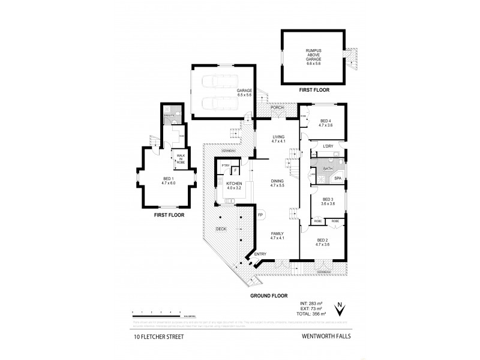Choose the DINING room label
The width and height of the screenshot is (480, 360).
pyautogui.click(x=277, y=182)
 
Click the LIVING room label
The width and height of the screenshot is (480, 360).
pyautogui.click(x=277, y=137)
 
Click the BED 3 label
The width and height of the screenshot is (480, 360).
pyautogui.click(x=328, y=202)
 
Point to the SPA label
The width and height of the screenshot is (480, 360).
pyautogui.click(x=337, y=178)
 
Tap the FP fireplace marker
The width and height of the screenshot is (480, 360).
pyautogui.click(x=260, y=214)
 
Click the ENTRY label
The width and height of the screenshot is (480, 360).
pyautogui.click(x=260, y=254)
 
